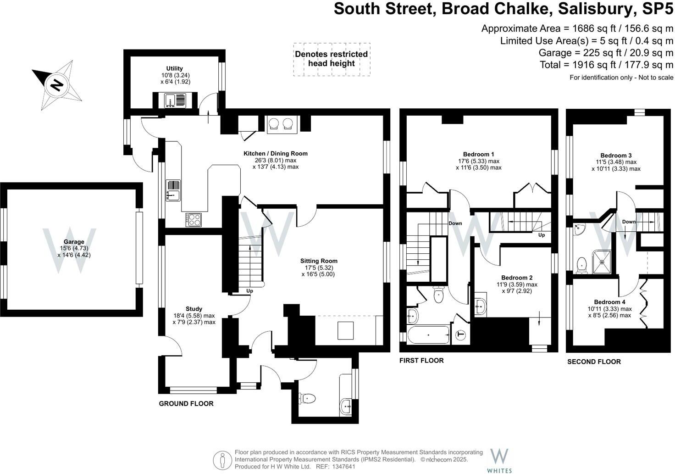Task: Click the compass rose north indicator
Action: [x=56, y=85]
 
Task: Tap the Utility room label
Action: [x=174, y=68]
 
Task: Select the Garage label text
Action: [x=74, y=242]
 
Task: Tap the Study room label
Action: [x=194, y=309]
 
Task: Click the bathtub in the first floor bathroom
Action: [x=428, y=335]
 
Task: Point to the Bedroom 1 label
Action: [x=478, y=154]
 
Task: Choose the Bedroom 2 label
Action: [x=517, y=278]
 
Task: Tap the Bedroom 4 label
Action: [x=609, y=302]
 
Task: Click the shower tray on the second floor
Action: [x=602, y=262]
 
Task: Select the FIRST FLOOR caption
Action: [x=421, y=361]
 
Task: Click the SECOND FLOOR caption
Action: [x=594, y=362]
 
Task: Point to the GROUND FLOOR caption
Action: [x=186, y=404]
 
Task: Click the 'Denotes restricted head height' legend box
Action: [x=332, y=59]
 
